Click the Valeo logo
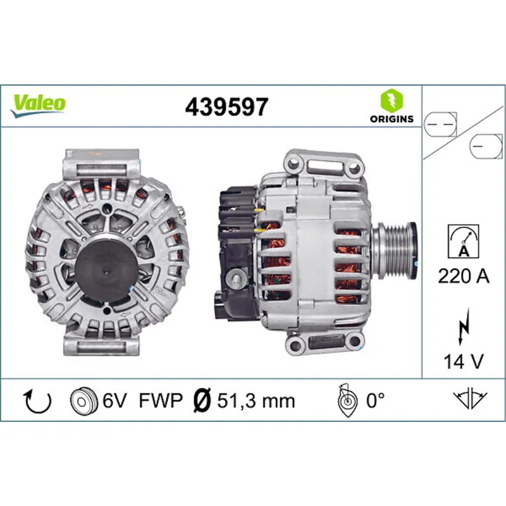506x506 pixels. click(39, 103)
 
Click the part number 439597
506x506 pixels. click(226, 106)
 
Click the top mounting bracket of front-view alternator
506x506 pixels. click(101, 166)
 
